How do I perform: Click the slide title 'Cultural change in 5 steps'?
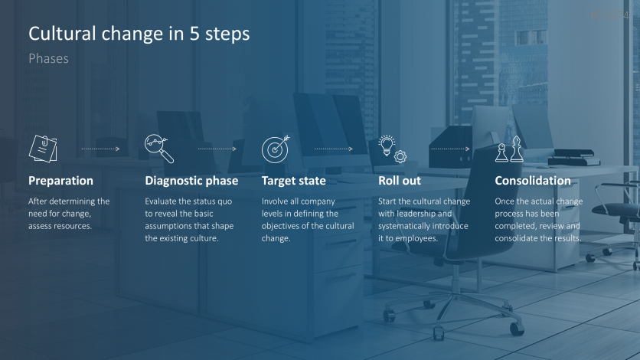[x=139, y=34]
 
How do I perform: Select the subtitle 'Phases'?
[x=48, y=59]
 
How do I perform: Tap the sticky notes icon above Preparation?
[x=43, y=149]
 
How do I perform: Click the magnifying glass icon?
[x=159, y=149]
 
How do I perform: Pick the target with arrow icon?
[x=276, y=149]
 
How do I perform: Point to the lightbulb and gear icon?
[x=392, y=149]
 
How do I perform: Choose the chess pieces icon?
[x=509, y=149]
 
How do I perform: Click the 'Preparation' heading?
[x=60, y=181]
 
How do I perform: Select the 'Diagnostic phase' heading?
[x=191, y=181]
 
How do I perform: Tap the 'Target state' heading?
[x=293, y=181]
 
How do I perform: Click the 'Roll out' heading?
[x=399, y=181]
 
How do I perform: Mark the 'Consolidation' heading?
[x=533, y=181]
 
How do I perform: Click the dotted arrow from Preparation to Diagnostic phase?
[x=100, y=149]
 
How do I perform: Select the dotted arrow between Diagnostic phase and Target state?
[x=217, y=149]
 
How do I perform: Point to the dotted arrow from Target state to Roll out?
[x=334, y=149]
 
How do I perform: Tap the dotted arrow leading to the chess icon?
[x=450, y=149]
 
